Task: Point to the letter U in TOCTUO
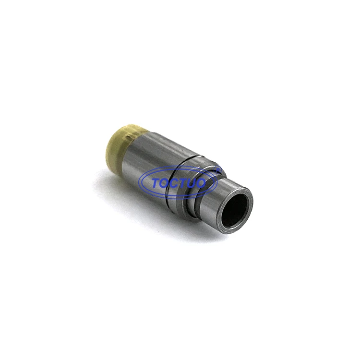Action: [197, 183]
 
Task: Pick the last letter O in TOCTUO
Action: [208, 183]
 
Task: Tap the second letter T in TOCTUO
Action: [187, 183]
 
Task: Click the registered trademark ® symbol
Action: [219, 168]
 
